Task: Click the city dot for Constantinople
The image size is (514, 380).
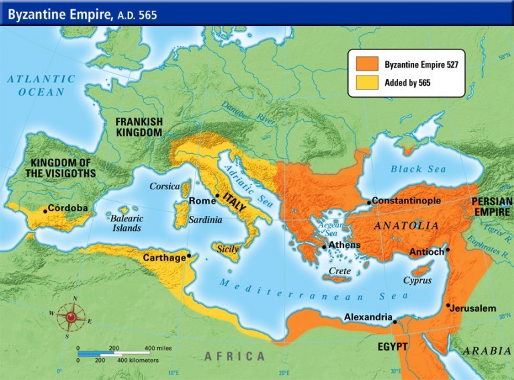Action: coord(369,202)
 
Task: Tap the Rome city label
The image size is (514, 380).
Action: coord(202,201)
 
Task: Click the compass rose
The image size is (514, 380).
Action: coord(71,315)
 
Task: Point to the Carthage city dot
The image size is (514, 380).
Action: coord(189,256)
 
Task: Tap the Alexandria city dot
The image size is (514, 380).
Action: coord(395,322)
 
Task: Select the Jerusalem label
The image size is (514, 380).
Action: coord(473,308)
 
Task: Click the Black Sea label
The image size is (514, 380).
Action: coord(418,169)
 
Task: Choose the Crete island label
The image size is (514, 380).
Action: coord(341,271)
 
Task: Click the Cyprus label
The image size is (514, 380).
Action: coord(417,281)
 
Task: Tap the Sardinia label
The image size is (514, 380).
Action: coord(205,218)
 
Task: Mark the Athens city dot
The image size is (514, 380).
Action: coord(325,247)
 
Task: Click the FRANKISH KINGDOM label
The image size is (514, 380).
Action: coord(139,127)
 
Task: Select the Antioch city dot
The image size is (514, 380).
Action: coord(448,250)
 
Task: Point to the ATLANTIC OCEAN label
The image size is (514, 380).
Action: coord(41,86)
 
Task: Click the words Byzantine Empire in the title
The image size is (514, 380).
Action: coord(55,14)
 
